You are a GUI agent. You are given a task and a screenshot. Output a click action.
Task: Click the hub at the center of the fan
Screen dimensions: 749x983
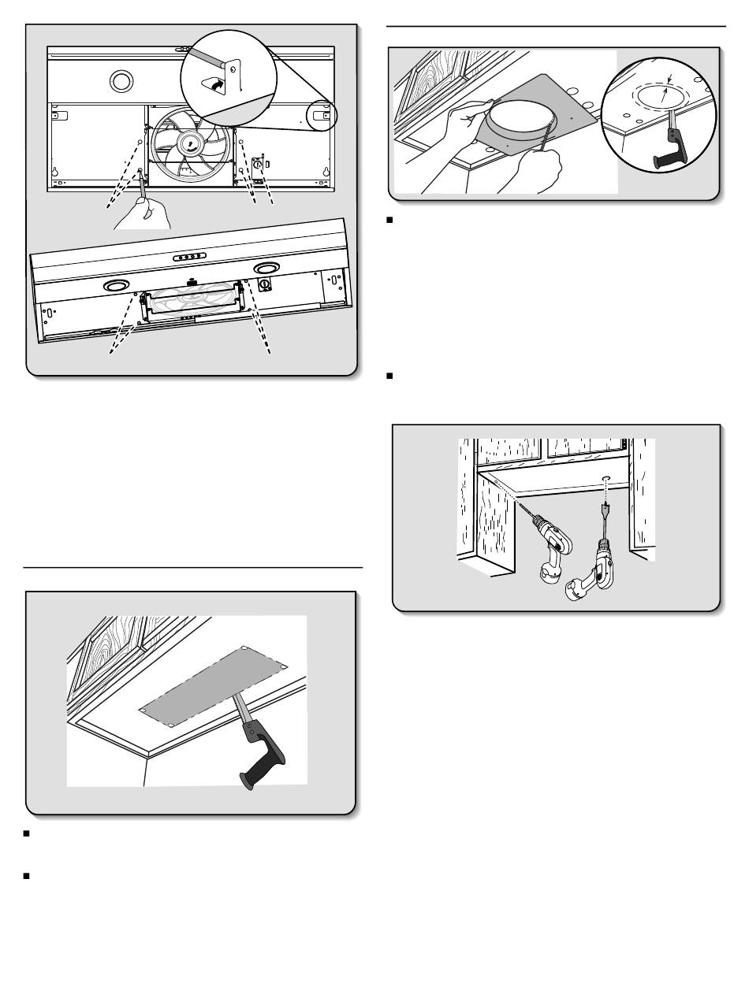[x=191, y=144]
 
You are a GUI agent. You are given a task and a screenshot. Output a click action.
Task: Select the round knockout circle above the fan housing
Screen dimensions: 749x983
[x=121, y=80]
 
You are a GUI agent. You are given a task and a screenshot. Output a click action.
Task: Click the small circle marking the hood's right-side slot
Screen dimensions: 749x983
[x=322, y=116]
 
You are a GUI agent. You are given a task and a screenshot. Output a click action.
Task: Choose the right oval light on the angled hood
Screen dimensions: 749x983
[x=267, y=269]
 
